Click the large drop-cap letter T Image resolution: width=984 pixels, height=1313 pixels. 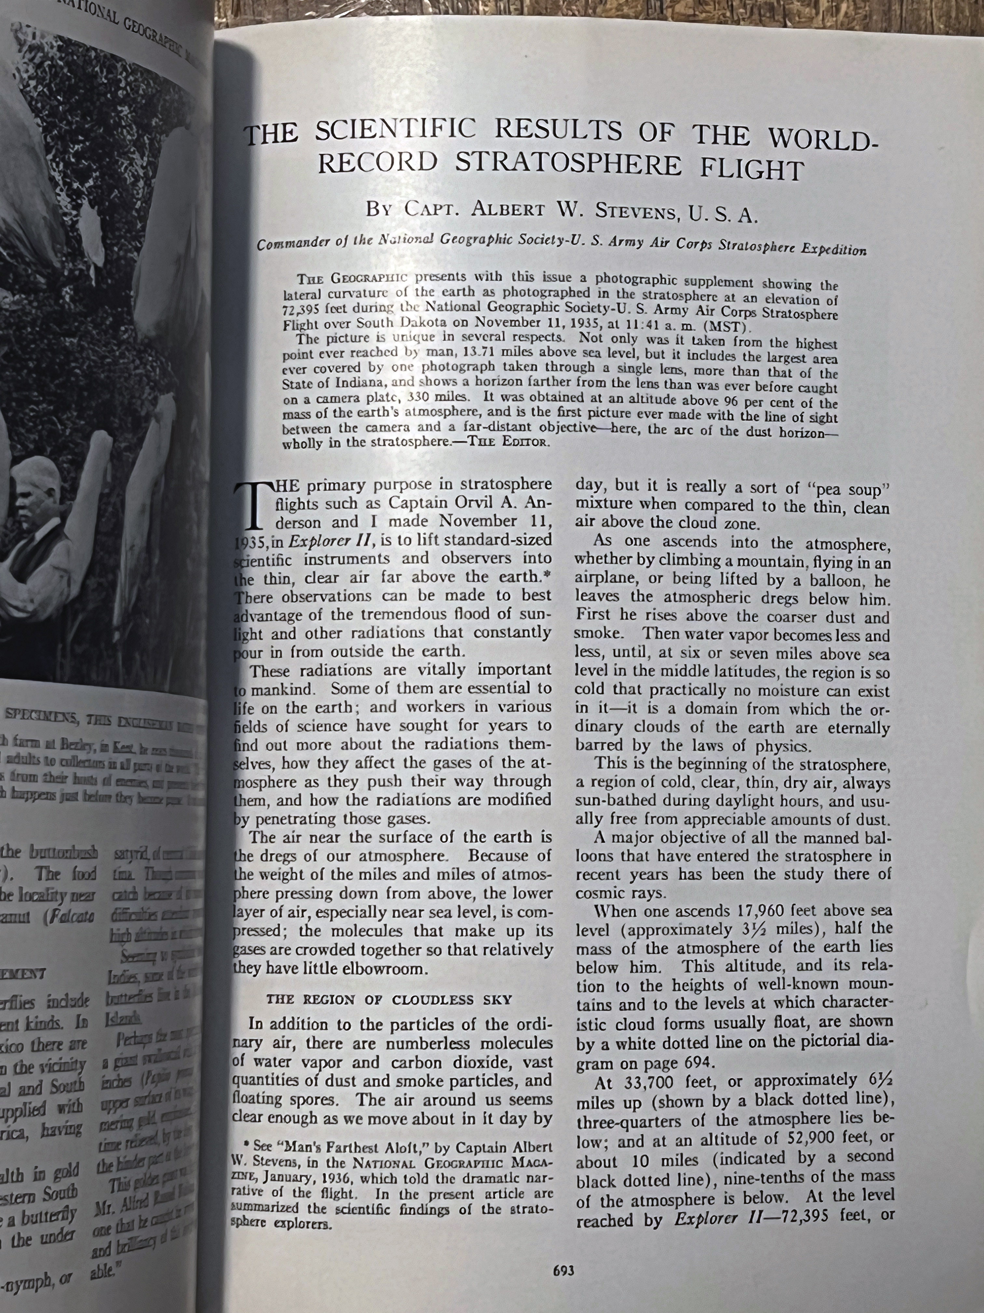(x=252, y=504)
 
